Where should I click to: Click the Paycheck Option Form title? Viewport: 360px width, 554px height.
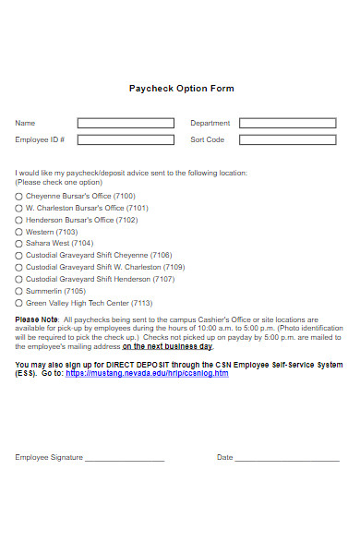tap(181, 89)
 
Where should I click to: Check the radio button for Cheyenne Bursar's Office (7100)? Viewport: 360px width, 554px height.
tap(18, 197)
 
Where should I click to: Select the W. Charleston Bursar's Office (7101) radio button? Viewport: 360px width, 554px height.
tap(18, 209)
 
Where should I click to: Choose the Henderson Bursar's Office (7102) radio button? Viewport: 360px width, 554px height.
tap(18, 221)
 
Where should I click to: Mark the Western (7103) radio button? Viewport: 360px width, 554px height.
tap(18, 233)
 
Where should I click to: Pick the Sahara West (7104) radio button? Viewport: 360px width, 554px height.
tap(18, 244)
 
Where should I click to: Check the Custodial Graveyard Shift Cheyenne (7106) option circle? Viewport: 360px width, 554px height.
tap(18, 256)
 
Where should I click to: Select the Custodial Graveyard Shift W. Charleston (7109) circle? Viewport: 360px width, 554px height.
tap(18, 268)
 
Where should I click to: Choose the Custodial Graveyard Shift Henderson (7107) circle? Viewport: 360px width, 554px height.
tap(18, 279)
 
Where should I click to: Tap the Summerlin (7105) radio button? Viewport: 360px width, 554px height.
tap(18, 291)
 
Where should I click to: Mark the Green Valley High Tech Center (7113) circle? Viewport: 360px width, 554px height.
tap(18, 303)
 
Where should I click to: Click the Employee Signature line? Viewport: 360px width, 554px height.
tap(124, 458)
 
